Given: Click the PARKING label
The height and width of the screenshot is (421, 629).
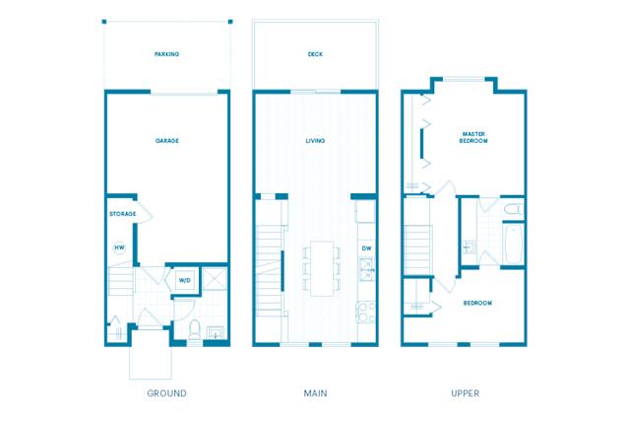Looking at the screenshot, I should point(166,54).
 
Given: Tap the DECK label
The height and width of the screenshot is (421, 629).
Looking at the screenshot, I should point(315,54).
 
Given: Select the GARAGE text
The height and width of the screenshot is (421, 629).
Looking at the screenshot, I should point(166,141).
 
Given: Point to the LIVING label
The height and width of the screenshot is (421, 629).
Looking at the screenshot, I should point(315,141).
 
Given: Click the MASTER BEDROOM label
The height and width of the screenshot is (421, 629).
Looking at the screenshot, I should point(473,137).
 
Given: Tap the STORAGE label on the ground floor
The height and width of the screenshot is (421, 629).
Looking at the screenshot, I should point(122,213).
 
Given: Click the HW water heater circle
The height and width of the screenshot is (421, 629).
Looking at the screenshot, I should point(119,247).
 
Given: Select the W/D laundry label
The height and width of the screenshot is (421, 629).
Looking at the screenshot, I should point(184,281).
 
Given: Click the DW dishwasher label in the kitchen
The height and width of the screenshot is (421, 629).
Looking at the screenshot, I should point(365,247).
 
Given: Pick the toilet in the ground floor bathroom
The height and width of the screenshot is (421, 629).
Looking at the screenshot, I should point(195,330).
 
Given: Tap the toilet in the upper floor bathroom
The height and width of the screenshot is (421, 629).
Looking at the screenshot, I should point(512,210).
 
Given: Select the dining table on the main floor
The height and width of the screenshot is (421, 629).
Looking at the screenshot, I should point(322,267).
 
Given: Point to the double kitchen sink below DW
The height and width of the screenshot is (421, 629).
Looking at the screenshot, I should point(365,266).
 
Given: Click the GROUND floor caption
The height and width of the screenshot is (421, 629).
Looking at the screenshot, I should point(166,393).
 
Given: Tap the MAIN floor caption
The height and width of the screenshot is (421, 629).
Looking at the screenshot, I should point(315,393).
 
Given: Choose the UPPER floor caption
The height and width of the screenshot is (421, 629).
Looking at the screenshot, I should point(465,393).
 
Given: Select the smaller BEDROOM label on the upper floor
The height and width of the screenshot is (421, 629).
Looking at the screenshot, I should point(477,303).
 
